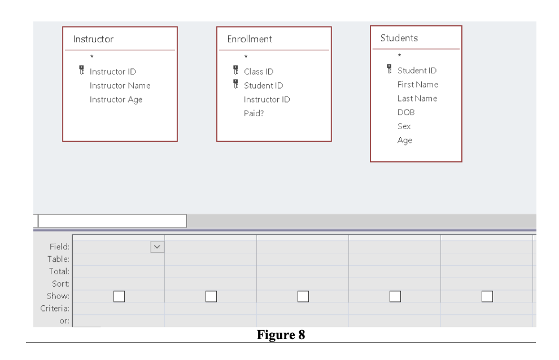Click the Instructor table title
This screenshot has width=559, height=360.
[x=93, y=39]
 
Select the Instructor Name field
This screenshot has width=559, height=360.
[x=120, y=86]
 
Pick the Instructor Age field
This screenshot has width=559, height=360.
[x=116, y=100]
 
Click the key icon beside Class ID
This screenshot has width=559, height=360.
[x=235, y=71]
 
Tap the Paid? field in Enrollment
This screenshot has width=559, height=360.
[x=254, y=113]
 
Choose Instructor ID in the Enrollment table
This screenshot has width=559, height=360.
[x=267, y=99]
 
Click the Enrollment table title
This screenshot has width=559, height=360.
[x=250, y=39]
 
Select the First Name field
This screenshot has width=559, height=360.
[x=417, y=85]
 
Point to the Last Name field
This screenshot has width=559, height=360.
[x=417, y=98]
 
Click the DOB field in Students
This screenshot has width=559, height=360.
[x=405, y=112]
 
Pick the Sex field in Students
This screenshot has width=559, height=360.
[x=404, y=126]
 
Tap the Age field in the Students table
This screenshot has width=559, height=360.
[x=404, y=141]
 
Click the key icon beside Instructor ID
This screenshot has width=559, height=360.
[x=81, y=71]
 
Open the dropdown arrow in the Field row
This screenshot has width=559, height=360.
[x=157, y=247]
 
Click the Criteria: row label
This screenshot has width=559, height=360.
[x=55, y=309]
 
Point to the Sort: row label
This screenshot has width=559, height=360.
[x=60, y=284]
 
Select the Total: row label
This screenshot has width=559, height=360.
[x=59, y=271]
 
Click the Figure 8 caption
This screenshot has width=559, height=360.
[x=281, y=335]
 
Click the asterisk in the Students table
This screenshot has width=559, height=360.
[x=399, y=55]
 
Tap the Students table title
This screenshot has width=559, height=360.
[x=399, y=38]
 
